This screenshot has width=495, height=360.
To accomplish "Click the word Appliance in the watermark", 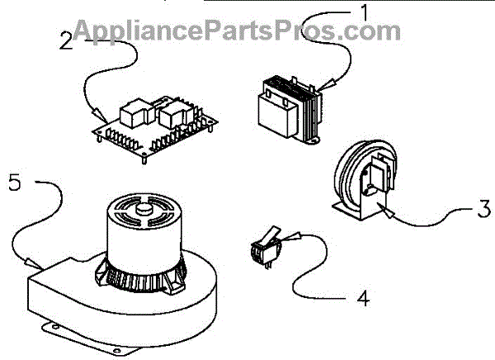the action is click(x=124, y=31).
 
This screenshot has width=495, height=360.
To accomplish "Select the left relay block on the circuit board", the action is click(x=132, y=110).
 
